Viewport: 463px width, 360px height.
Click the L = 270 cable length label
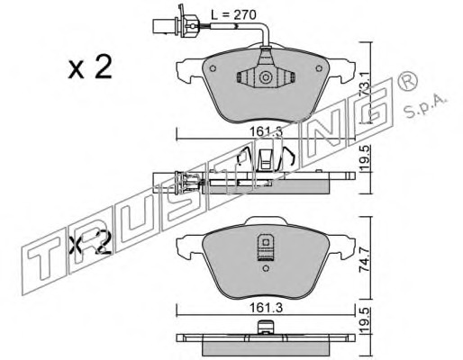tap(233, 14)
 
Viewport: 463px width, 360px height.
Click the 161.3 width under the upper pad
tap(267, 131)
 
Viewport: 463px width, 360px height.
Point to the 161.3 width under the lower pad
tap(267, 308)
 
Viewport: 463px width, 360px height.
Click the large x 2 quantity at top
tap(90, 67)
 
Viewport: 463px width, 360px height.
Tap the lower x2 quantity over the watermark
tap(90, 242)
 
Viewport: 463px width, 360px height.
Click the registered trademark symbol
tap(407, 81)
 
